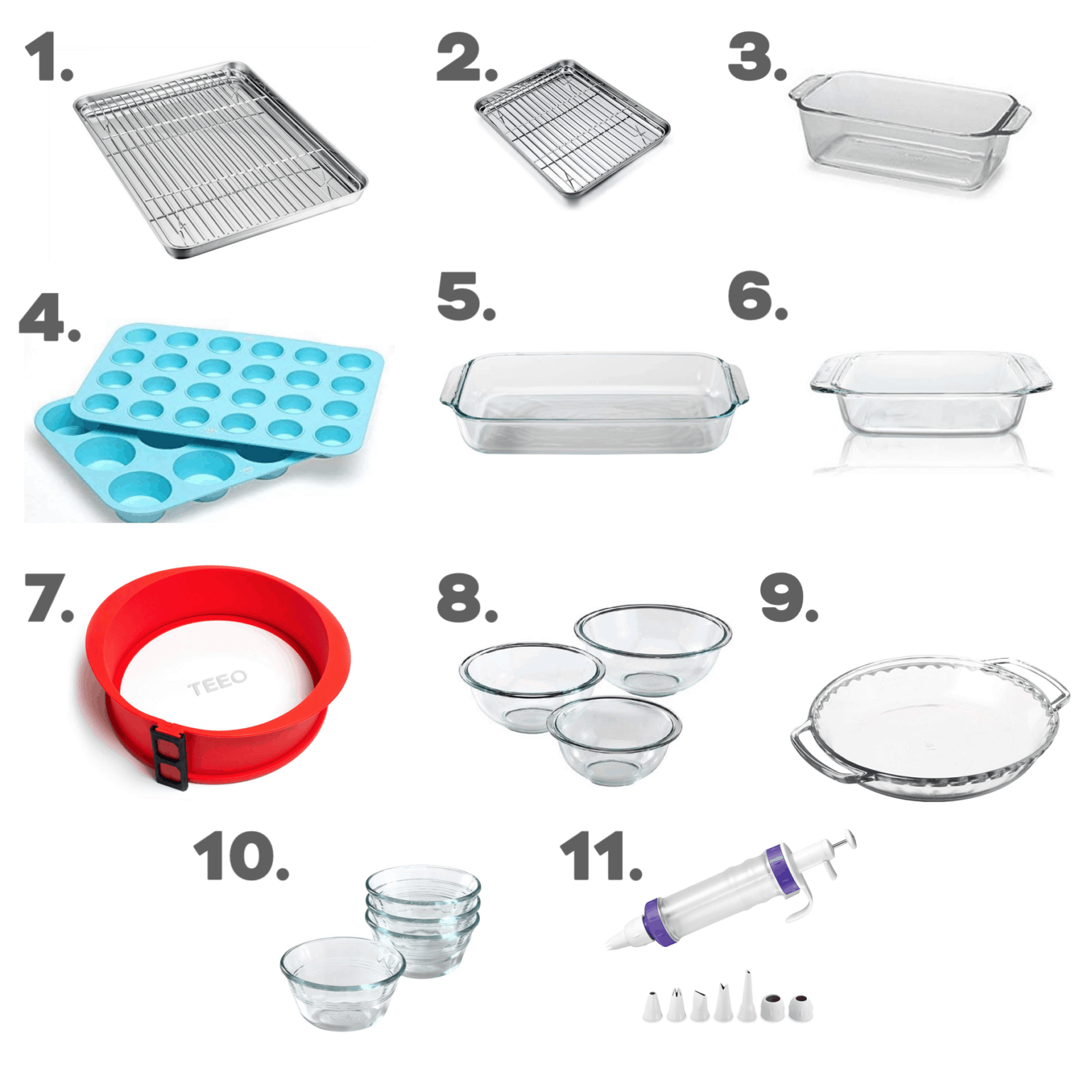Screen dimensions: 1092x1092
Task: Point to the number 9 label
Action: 789,599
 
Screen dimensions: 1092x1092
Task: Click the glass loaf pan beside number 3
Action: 909,132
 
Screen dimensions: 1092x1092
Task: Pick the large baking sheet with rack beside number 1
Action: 220,159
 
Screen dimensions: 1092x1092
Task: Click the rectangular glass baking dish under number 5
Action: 594,402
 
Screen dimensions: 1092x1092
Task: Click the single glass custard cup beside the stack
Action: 343,983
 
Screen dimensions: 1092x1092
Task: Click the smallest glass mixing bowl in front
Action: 614,741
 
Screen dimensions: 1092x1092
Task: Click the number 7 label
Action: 50,598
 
